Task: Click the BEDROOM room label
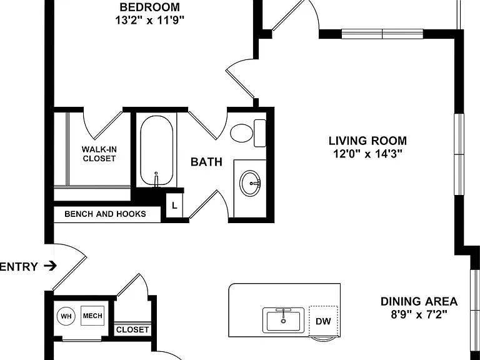click(150, 7)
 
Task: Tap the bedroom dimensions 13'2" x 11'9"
click(150, 20)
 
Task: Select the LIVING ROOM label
click(367, 141)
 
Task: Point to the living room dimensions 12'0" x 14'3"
click(367, 154)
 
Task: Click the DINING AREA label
click(419, 301)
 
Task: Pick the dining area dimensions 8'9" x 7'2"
click(419, 314)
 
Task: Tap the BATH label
click(206, 162)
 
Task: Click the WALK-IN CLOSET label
click(99, 154)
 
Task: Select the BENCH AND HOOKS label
click(105, 214)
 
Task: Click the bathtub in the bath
click(156, 151)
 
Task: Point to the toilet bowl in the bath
click(241, 133)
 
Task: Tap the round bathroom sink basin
click(251, 183)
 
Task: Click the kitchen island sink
click(284, 321)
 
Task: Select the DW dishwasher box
click(323, 321)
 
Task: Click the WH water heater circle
click(66, 316)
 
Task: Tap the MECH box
click(92, 316)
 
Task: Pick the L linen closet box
click(174, 206)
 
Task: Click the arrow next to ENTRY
click(50, 266)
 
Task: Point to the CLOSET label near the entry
click(132, 330)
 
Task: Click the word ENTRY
click(19, 267)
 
